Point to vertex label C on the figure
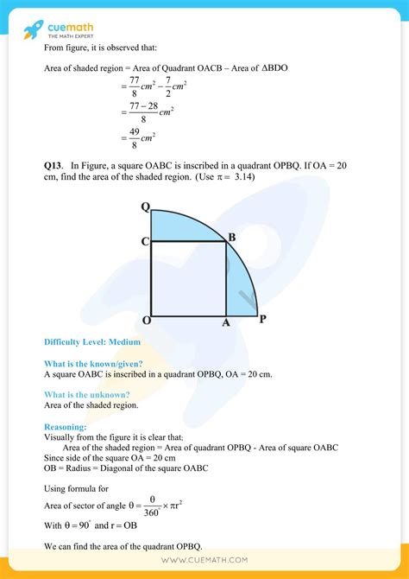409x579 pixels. point(145,242)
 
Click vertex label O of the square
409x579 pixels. point(145,321)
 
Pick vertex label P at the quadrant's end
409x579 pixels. point(261,319)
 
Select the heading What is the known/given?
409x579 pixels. point(93,364)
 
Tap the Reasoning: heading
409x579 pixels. point(65,426)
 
